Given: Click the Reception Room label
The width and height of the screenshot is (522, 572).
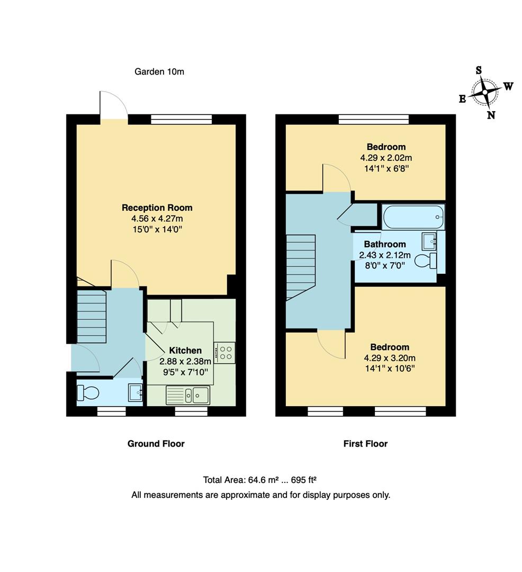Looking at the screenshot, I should tap(157, 208).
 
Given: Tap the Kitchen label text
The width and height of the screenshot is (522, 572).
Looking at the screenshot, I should tap(185, 351).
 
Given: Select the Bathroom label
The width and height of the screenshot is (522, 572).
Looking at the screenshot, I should tap(385, 244).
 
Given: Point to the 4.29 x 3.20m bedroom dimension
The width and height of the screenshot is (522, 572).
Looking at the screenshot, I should tap(390, 358).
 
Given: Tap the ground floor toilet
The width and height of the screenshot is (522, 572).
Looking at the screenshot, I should tap(88, 392).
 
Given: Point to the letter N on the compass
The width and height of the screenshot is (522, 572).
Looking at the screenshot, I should tap(491, 115).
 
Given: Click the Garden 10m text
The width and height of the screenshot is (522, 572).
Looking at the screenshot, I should tap(159, 71).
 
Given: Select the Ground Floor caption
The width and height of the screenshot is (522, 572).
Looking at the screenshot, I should tap(156, 444).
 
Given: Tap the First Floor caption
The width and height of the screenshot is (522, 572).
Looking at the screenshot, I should tap(365, 444).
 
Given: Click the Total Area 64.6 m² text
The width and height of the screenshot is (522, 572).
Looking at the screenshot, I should tap(259, 480).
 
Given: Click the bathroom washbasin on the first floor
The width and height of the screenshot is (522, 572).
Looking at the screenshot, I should tap(429, 242).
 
